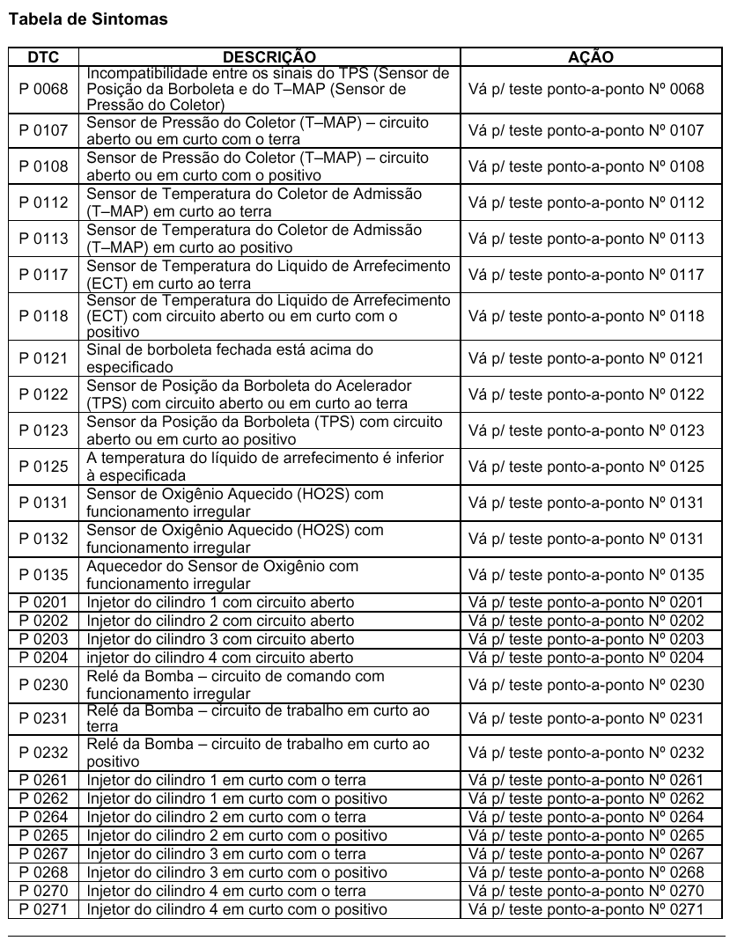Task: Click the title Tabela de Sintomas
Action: click(x=87, y=18)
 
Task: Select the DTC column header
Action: click(x=43, y=57)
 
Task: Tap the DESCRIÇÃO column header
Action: click(x=269, y=57)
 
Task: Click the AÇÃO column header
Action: click(x=591, y=57)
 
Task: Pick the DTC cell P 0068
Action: click(x=43, y=89)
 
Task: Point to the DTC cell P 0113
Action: click(x=43, y=239)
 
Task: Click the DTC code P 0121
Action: click(x=43, y=358)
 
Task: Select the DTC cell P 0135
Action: click(x=43, y=576)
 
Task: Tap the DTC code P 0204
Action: click(x=43, y=658)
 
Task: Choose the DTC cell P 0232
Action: click(x=43, y=753)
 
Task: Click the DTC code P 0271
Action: click(x=43, y=909)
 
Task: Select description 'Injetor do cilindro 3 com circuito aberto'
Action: click(x=220, y=639)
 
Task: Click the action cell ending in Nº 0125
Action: click(x=586, y=467)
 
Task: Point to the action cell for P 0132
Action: click(x=586, y=539)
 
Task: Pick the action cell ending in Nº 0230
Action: click(x=586, y=685)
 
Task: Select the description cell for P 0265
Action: click(x=238, y=835)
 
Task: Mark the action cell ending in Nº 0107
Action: click(x=586, y=131)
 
